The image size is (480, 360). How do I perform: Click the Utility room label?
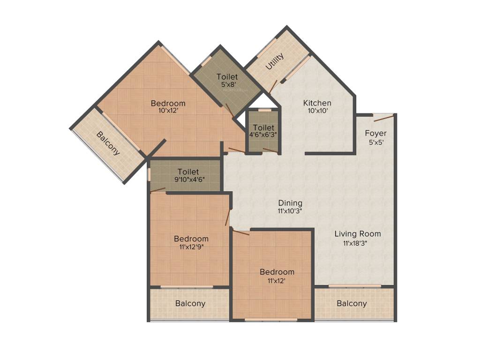[275, 61]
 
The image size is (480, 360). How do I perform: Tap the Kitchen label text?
[317, 103]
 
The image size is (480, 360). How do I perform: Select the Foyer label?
[376, 134]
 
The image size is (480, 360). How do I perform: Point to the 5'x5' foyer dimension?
[375, 142]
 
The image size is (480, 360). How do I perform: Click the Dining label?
[290, 203]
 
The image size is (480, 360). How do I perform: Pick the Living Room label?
[358, 233]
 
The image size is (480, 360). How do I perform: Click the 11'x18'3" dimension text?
[358, 243]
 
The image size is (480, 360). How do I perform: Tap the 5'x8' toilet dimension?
[227, 85]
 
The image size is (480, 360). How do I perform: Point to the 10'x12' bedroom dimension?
[168, 112]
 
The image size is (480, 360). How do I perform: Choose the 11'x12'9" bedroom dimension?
[191, 247]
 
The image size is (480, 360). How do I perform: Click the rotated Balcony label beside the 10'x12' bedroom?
[108, 143]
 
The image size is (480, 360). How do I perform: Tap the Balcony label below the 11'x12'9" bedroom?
[190, 303]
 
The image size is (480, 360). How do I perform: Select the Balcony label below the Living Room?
[352, 303]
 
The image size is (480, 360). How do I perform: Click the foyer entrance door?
[384, 117]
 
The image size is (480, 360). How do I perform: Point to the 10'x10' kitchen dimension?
[317, 112]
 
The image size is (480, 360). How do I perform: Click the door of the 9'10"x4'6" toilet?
[158, 190]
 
